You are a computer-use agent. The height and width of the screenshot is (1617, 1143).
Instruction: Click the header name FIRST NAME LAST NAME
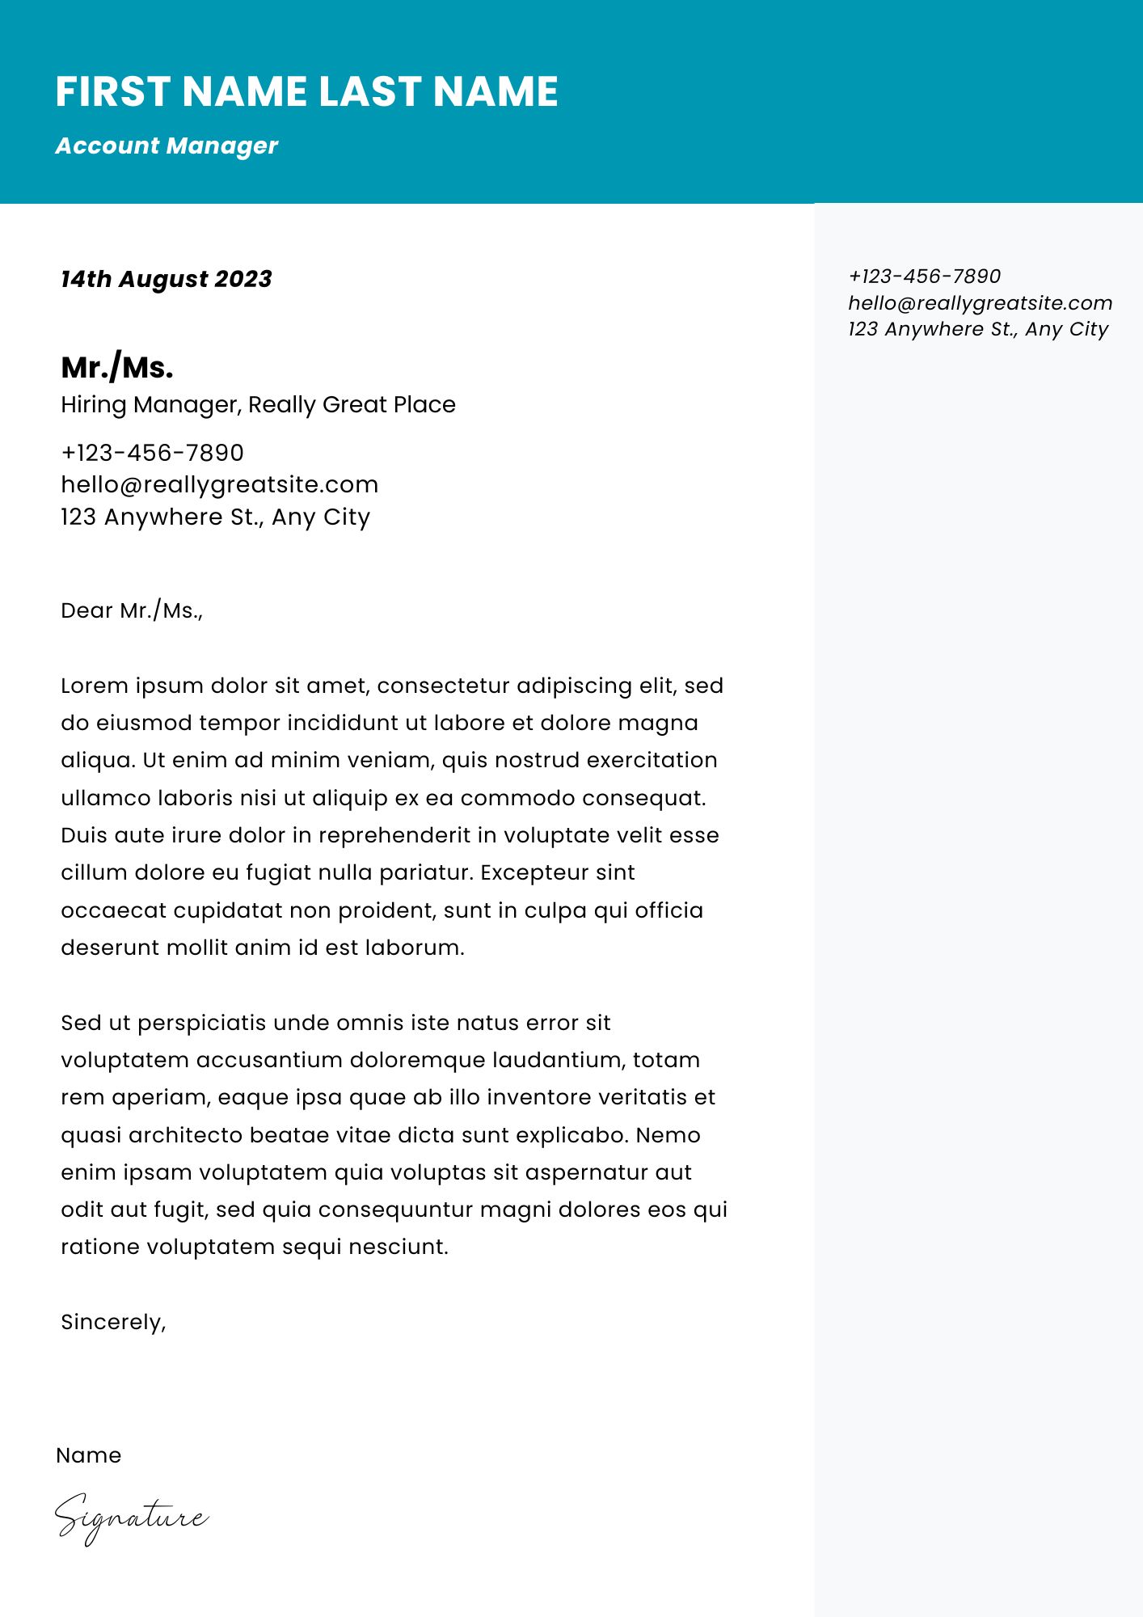(306, 91)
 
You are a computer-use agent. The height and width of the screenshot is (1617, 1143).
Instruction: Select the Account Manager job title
(167, 146)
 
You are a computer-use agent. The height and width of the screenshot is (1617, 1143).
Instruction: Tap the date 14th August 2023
(167, 279)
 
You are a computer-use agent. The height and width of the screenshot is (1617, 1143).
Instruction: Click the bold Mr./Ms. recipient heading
(117, 368)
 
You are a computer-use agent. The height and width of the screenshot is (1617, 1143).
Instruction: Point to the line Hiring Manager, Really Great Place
(258, 404)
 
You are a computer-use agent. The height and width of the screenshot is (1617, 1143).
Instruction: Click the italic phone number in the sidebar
(924, 277)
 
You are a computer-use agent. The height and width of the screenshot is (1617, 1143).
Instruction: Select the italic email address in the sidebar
(980, 303)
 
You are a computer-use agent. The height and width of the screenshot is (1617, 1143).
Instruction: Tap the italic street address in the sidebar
(978, 329)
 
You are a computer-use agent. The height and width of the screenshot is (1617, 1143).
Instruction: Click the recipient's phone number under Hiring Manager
(152, 453)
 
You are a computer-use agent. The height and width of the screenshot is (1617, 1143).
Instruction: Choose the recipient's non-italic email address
(219, 484)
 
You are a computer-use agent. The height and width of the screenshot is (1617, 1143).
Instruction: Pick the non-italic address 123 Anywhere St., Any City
(215, 517)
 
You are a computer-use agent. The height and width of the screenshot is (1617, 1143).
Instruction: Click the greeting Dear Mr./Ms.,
(132, 610)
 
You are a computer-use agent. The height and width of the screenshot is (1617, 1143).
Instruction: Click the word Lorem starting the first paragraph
(94, 686)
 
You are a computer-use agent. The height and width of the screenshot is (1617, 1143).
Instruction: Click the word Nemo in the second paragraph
(668, 1135)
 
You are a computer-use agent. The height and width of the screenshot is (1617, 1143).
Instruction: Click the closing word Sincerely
(112, 1322)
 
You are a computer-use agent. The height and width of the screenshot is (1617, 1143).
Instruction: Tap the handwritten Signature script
(131, 1518)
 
